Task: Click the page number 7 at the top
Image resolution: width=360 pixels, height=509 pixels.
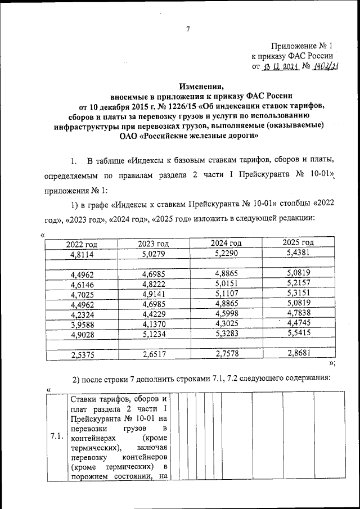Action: click(188, 29)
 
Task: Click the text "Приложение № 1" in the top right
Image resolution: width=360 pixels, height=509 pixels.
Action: click(302, 46)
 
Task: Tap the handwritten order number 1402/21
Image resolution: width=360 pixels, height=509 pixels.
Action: click(323, 67)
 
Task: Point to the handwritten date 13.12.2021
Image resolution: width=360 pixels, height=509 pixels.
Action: click(279, 67)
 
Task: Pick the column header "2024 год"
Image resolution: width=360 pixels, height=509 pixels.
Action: click(226, 243)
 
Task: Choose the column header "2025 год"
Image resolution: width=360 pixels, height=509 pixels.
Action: click(298, 242)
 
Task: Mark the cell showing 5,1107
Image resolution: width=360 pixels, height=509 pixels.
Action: click(226, 294)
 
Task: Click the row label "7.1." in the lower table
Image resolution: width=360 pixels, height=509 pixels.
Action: click(56, 436)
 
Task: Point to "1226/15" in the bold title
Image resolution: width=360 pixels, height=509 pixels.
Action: click(165, 107)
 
